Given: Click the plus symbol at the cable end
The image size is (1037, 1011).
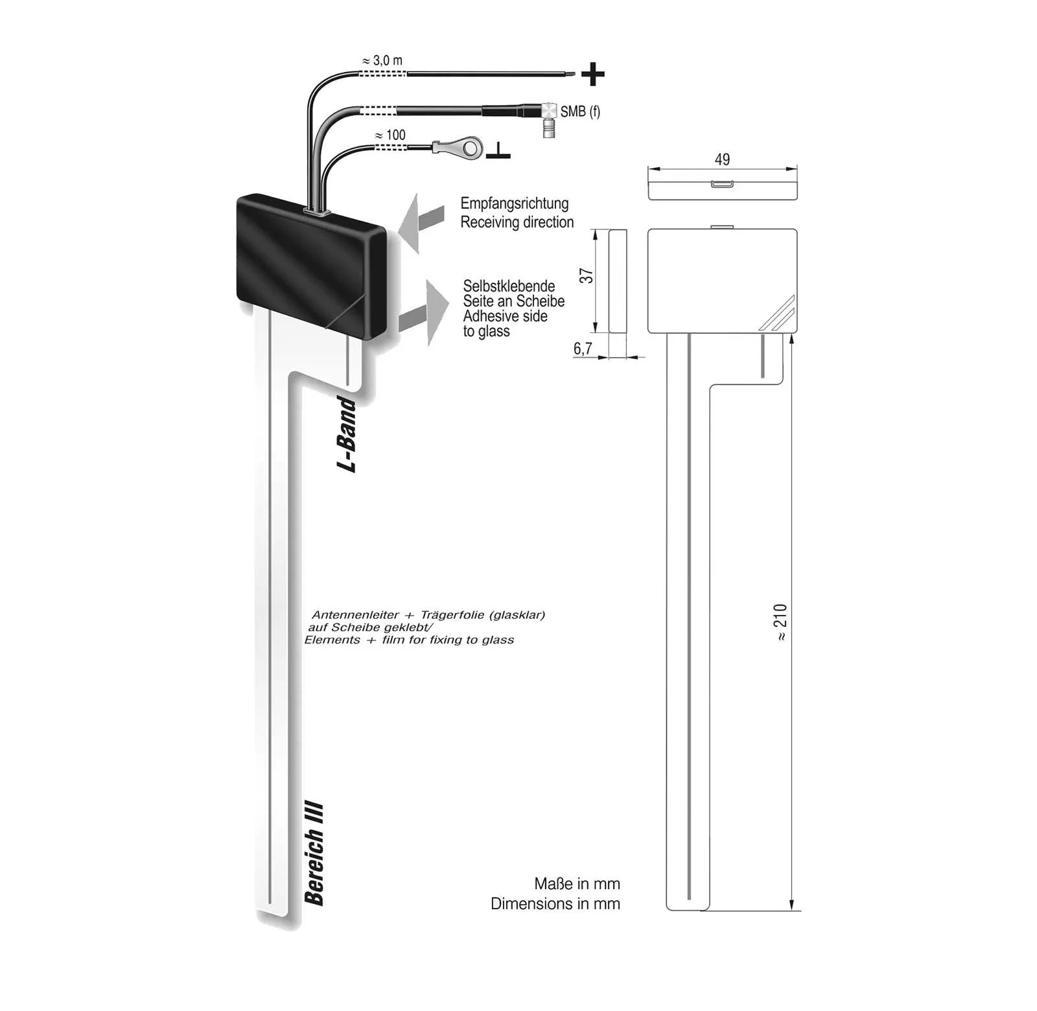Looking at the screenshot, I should tap(592, 75).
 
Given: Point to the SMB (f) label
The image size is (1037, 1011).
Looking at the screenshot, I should tap(580, 111).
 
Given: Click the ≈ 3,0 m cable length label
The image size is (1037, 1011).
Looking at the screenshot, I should tap(382, 61).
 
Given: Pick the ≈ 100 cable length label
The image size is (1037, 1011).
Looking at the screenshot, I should tap(391, 135).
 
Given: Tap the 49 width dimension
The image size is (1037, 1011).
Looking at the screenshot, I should tap(722, 159).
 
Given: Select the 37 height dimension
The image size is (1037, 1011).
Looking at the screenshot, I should tap(587, 275).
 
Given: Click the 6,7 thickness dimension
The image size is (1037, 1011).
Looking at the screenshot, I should tap(583, 349).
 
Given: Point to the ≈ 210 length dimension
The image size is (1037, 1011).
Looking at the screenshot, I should tap(780, 622).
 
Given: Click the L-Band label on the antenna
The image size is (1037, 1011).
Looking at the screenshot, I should tap(347, 434).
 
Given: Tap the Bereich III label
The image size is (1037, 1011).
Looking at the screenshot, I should tap(314, 854).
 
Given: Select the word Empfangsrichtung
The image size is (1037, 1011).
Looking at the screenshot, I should tap(515, 203).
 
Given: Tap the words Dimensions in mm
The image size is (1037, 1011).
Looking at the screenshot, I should tap(555, 903).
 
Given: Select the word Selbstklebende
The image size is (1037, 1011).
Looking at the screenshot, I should tap(509, 286).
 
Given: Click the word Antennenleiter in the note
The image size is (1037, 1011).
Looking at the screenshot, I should tap(355, 615).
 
